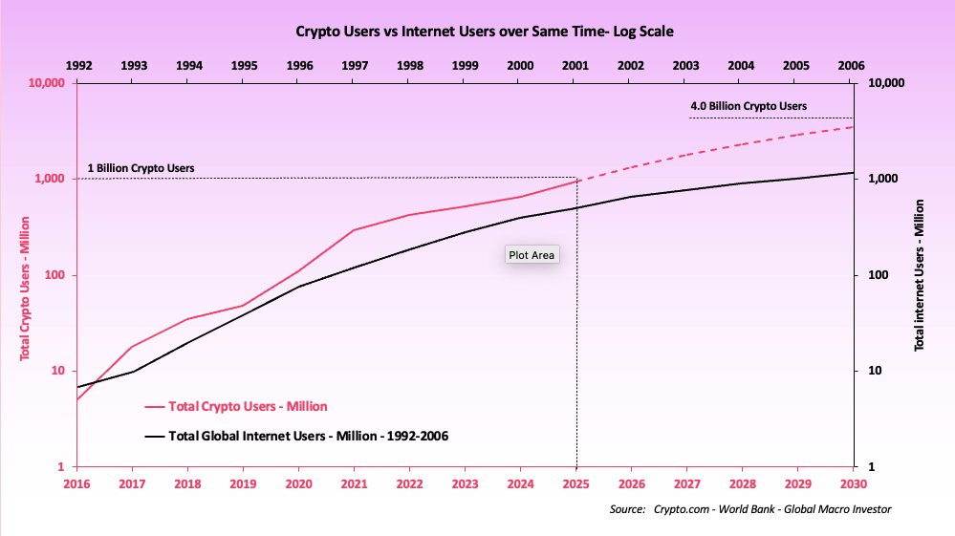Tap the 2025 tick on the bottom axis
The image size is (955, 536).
575,484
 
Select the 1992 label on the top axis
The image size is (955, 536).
78,65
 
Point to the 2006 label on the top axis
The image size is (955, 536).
850,65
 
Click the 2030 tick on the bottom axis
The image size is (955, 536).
850,484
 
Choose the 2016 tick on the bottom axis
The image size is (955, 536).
78,484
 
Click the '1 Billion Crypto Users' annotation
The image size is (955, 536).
141,168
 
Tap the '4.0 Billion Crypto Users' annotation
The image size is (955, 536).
749,106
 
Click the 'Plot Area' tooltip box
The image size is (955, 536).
532,255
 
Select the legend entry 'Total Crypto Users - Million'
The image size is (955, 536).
248,406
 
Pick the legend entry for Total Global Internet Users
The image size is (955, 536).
308,436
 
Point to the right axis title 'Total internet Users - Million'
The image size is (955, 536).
920,275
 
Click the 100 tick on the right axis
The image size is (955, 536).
877,275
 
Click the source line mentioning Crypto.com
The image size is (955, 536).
750,510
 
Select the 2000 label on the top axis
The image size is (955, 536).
519,65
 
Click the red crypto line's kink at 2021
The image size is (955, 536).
355,230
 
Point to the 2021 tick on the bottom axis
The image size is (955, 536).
355,484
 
